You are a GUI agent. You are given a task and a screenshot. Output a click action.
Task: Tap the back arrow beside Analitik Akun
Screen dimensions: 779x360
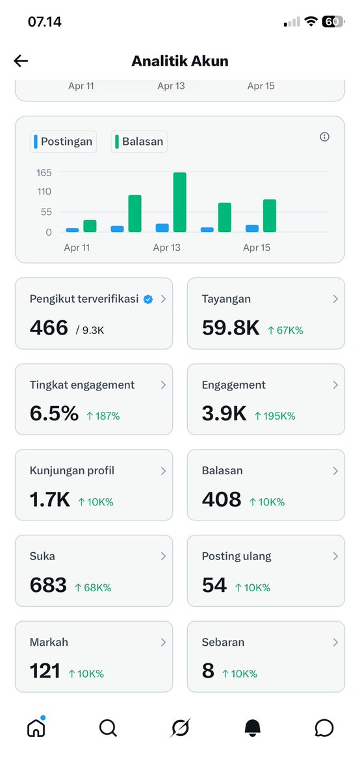click(21, 61)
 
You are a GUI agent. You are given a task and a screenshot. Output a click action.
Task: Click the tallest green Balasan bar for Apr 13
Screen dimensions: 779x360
click(180, 201)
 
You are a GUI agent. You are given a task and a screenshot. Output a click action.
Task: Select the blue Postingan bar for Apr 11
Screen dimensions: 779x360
click(72, 230)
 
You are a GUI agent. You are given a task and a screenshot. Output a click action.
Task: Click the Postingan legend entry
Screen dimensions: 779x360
click(63, 142)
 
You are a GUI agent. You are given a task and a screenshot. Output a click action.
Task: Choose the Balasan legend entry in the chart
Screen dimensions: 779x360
click(139, 142)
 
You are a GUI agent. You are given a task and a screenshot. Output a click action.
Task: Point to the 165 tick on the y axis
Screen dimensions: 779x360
click(44, 172)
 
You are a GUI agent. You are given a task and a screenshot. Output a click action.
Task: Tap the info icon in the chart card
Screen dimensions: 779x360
click(325, 136)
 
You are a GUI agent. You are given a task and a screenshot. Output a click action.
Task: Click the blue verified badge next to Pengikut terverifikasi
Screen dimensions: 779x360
click(148, 299)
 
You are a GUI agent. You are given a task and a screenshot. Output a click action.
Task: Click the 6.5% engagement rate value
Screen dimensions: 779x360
click(54, 414)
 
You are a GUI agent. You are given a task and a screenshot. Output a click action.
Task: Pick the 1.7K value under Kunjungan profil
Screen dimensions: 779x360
click(49, 500)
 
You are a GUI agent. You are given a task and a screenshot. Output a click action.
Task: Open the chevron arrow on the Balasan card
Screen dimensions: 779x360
click(335, 470)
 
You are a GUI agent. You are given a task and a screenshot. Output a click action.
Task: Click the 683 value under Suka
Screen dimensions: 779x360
click(48, 585)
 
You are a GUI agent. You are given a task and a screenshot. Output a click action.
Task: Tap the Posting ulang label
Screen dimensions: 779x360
click(237, 556)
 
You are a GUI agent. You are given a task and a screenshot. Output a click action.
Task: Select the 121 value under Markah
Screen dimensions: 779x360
click(45, 671)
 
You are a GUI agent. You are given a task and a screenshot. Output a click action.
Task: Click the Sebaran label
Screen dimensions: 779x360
click(223, 642)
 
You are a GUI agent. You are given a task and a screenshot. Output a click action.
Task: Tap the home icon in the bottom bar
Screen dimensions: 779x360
click(36, 728)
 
